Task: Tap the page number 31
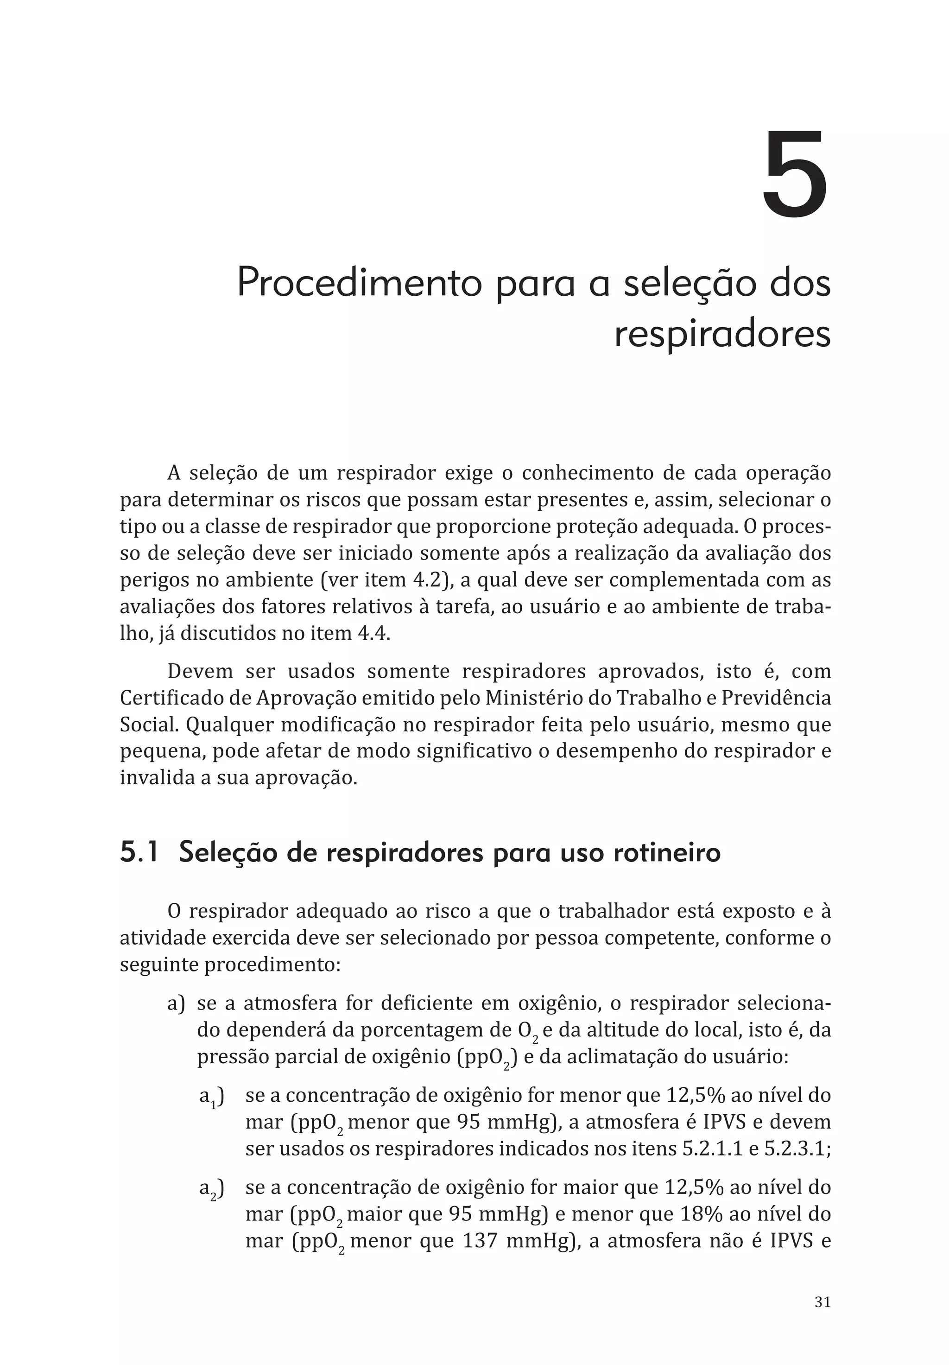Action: (x=822, y=1302)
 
